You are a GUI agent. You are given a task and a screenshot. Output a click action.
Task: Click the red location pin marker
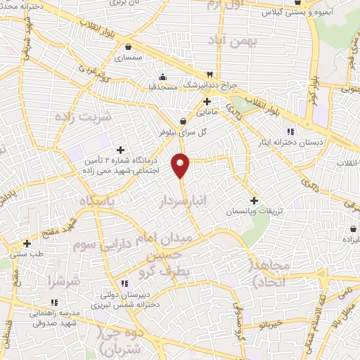[x=181, y=165]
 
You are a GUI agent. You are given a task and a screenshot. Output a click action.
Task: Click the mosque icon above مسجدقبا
[x=162, y=77]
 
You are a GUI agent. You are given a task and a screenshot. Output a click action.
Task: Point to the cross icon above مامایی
[x=207, y=101]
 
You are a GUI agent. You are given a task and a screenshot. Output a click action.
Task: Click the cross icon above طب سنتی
[x=27, y=243]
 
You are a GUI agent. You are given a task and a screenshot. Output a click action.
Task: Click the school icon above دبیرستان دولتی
[x=124, y=283]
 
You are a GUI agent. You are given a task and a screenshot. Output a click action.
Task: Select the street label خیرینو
[x=271, y=325]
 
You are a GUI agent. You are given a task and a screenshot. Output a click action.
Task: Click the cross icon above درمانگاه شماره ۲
[x=120, y=150]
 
